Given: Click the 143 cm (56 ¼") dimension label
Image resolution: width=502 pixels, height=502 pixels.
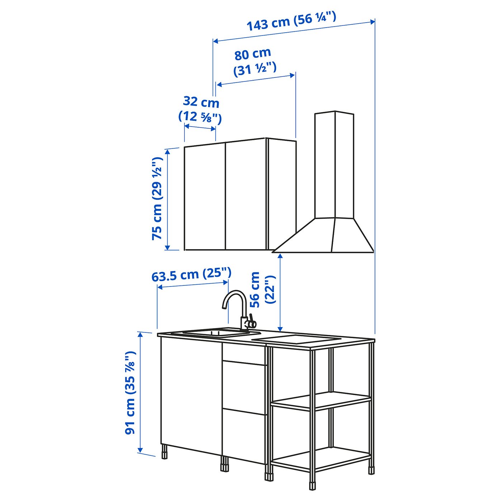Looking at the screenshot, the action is (x=291, y=21).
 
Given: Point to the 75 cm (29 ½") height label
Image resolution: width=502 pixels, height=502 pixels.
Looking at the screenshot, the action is (x=157, y=198).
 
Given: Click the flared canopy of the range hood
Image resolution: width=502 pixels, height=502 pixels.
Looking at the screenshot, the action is (x=323, y=235).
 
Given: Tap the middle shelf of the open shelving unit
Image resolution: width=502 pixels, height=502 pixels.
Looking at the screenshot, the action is (x=321, y=404).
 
